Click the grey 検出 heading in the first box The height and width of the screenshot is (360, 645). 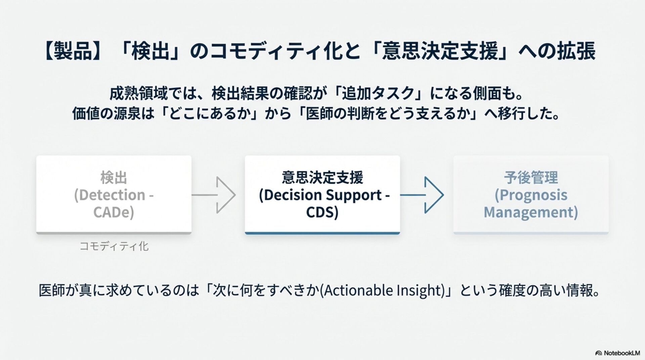[114, 178]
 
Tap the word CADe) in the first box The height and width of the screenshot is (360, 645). [114, 212]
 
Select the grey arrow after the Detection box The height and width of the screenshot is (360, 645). [215, 195]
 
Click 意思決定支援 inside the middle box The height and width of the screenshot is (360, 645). [322, 178]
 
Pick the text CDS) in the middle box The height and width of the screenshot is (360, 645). [322, 212]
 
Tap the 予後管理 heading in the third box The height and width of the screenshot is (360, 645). [531, 178]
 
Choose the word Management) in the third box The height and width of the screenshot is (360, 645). [531, 212]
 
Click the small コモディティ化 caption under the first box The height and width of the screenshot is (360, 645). [114, 246]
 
